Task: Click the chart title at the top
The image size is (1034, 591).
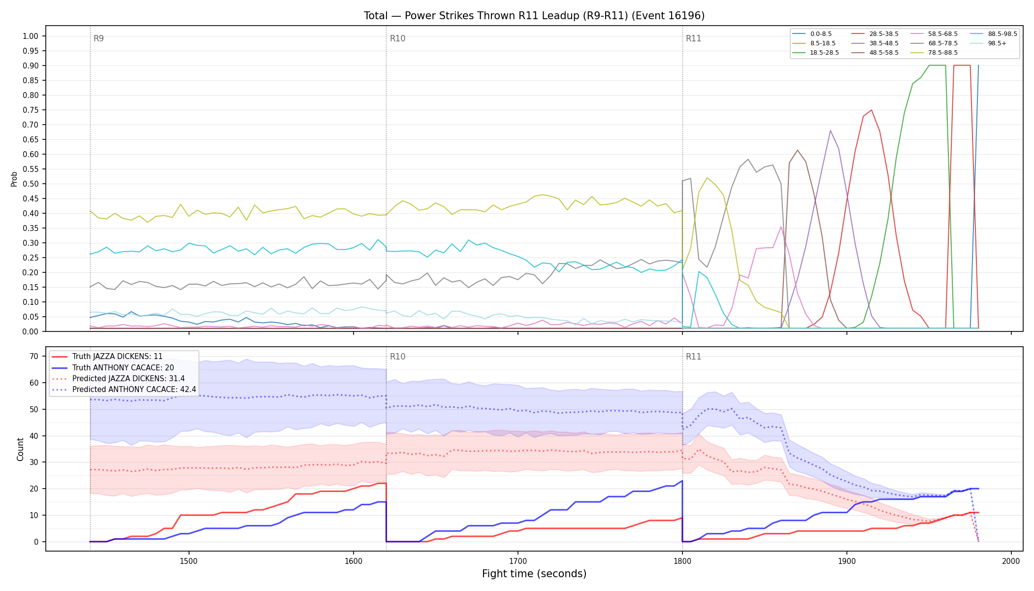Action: [534, 16]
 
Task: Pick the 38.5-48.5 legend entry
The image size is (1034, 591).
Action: [875, 43]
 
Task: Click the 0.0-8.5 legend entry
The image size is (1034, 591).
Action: [812, 34]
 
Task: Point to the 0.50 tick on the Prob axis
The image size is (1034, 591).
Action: [31, 184]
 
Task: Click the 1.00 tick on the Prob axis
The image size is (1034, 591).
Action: [31, 36]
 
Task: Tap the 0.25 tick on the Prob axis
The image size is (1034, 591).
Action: [31, 258]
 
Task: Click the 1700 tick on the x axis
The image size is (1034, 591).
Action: [517, 561]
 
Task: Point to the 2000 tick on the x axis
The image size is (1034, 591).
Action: [1011, 561]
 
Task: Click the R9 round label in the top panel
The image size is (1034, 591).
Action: [98, 38]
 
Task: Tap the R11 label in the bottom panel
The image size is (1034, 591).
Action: [693, 357]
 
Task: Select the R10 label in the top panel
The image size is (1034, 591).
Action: [397, 38]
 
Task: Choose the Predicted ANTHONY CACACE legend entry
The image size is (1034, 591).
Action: [124, 389]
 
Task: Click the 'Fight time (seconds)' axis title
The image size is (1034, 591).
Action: [534, 574]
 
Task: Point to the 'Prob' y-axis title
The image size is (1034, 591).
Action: [14, 179]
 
